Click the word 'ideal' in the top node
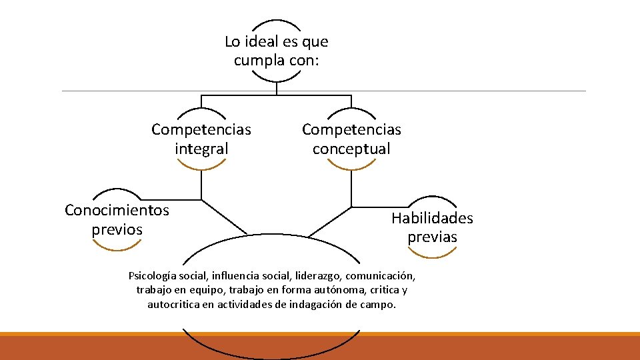(257, 42)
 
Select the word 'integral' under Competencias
(201, 149)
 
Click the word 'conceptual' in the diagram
(351, 149)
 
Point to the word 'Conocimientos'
(117, 211)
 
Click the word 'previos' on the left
(117, 230)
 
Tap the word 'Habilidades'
(432, 218)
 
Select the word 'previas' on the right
(432, 237)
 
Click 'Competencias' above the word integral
(201, 129)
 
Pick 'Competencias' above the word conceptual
(351, 129)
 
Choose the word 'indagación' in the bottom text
(325, 305)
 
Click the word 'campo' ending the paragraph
(379, 305)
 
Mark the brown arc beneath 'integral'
(201, 167)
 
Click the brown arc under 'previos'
(117, 247)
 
